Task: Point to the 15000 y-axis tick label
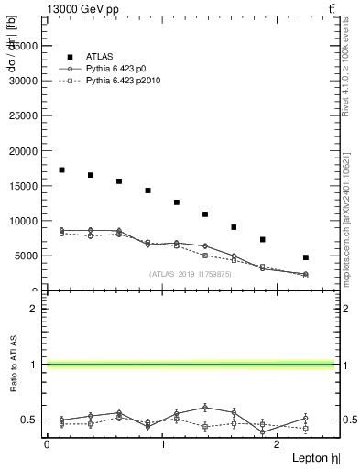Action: (22, 186)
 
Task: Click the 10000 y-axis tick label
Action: (22, 221)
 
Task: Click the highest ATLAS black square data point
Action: (61, 169)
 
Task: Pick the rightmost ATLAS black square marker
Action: (305, 257)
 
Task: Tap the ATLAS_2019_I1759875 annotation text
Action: (191, 274)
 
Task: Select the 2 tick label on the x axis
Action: (279, 444)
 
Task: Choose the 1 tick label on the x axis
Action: (163, 444)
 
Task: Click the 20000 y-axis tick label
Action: (22, 151)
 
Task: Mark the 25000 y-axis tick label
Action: (22, 115)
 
